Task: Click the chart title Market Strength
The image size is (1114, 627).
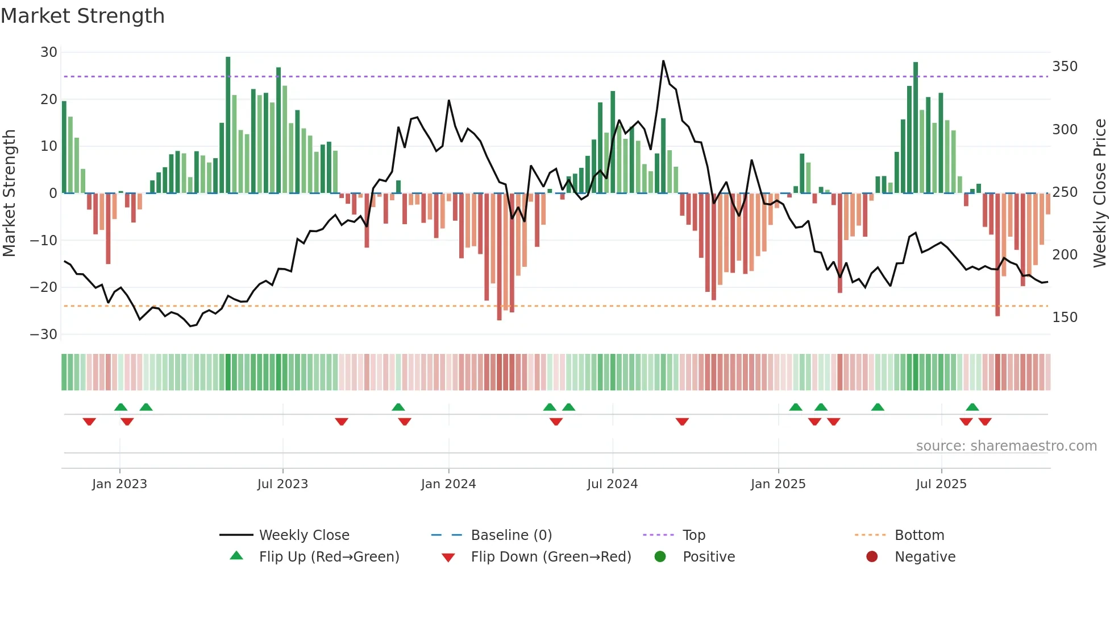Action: [x=82, y=16]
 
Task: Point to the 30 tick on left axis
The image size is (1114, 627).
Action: [x=49, y=52]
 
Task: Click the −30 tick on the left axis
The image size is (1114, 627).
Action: [x=44, y=335]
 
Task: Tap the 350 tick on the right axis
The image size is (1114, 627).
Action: [x=1065, y=67]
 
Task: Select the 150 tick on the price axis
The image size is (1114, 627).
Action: [x=1065, y=317]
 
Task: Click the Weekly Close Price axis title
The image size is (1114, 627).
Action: [x=1100, y=193]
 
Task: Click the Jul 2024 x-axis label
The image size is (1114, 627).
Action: [x=612, y=484]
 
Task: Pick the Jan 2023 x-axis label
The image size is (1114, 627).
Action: [x=119, y=484]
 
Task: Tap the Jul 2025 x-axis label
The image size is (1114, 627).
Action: [x=941, y=484]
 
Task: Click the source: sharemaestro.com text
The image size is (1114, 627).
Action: [x=1006, y=446]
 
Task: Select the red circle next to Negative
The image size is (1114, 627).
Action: [x=872, y=556]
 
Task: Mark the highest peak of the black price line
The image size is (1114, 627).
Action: [x=663, y=61]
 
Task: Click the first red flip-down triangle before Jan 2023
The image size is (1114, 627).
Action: [x=89, y=422]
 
